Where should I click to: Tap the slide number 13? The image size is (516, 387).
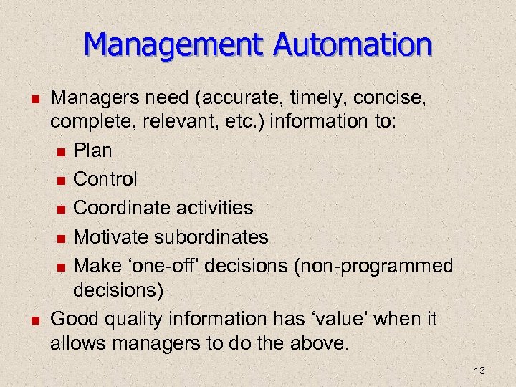click(x=479, y=370)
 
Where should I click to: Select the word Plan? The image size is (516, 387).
click(x=93, y=150)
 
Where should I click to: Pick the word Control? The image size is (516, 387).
click(x=105, y=178)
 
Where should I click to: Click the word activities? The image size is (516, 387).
click(x=218, y=208)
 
